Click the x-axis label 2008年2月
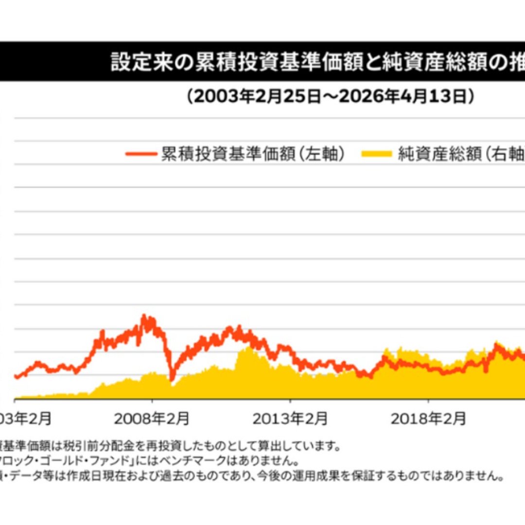coord(152,418)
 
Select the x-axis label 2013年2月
coord(290,418)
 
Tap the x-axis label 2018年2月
coord(428,418)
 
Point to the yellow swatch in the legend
coord(376,154)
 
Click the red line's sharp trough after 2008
coord(172,379)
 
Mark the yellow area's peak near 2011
coord(248,348)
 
